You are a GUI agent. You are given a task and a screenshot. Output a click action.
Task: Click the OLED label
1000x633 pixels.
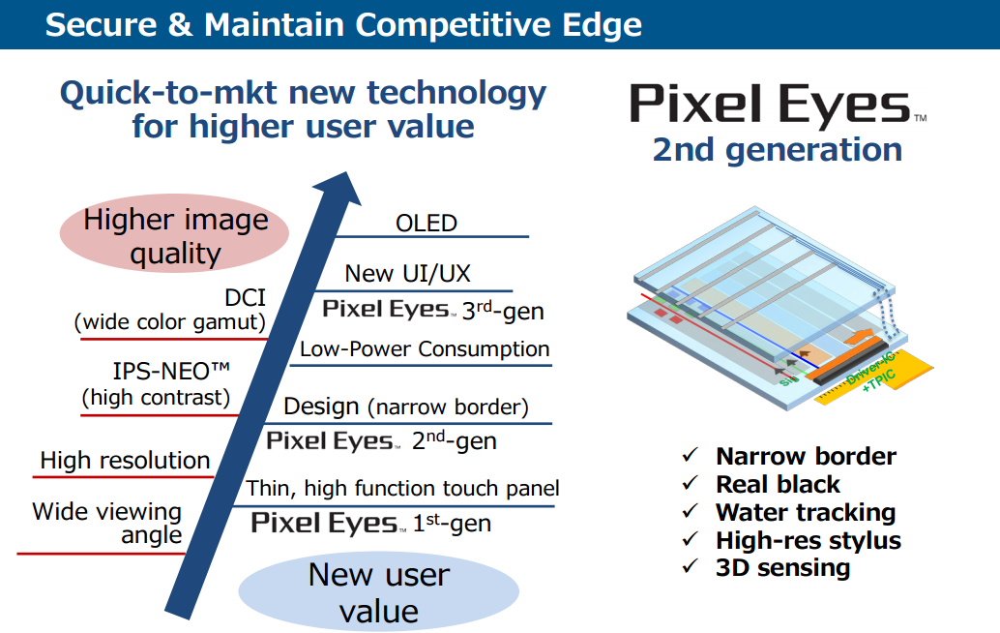coord(426,223)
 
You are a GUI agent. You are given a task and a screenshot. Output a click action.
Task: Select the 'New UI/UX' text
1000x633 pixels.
coord(407,274)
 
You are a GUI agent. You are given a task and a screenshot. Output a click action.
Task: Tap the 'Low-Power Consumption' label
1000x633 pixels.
coord(425,349)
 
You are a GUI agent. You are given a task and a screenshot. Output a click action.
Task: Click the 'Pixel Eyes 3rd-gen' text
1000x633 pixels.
coord(432,309)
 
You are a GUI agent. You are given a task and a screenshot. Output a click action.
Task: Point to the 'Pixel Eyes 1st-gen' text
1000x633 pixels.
coord(371,524)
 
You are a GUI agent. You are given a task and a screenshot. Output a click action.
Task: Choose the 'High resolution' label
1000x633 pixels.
coord(125,461)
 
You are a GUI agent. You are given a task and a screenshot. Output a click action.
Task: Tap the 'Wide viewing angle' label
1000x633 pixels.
coord(107,523)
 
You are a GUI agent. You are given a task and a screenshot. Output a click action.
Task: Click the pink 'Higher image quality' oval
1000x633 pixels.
coord(175,236)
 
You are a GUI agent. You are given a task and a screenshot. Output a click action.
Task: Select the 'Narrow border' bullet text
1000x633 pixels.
coord(806,457)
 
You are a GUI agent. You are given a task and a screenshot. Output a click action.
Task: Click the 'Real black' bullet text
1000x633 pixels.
coord(778,485)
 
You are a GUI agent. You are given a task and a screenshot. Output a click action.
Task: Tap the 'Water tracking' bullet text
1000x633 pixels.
coord(806,512)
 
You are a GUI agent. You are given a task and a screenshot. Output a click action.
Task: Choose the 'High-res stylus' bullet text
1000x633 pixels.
coord(808,540)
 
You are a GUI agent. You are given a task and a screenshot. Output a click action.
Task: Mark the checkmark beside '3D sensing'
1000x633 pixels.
coord(690,568)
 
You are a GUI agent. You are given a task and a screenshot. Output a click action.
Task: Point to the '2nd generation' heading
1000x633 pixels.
coord(777,150)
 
